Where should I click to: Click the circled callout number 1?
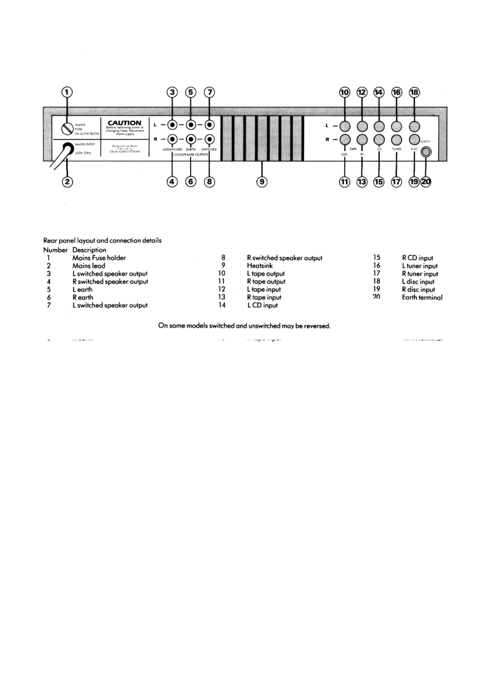[x=67, y=92]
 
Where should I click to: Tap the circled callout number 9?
[x=262, y=182]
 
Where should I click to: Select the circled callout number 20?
[x=426, y=182]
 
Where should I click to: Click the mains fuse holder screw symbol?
[x=67, y=129]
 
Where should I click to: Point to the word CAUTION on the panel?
[x=124, y=123]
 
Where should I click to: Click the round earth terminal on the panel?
[x=426, y=152]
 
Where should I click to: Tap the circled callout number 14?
[x=379, y=92]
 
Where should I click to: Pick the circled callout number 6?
[x=191, y=182]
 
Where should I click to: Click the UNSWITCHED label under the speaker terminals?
[x=172, y=149]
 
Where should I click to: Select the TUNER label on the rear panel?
[x=397, y=149]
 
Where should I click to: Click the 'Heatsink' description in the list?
[x=260, y=266]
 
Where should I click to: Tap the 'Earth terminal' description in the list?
[x=422, y=297]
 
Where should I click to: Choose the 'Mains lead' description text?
[x=89, y=266]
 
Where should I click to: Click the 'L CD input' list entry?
[x=262, y=305]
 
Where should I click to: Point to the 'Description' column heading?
[x=89, y=250]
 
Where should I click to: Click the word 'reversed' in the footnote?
[x=317, y=326]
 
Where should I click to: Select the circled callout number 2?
[x=67, y=182]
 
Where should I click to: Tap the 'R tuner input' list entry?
[x=420, y=274]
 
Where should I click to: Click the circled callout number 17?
[x=397, y=182]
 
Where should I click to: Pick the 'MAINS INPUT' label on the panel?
[x=85, y=144]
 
